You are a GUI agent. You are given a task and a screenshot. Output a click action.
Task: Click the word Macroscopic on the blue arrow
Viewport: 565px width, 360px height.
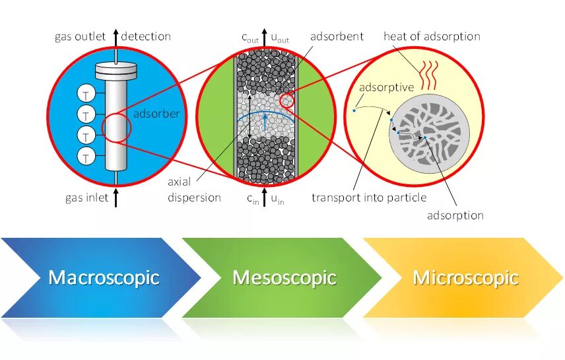(104, 277)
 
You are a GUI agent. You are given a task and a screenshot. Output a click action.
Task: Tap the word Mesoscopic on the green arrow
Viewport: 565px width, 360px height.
(284, 277)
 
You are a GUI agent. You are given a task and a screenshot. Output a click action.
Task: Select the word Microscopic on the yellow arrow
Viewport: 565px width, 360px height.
(465, 277)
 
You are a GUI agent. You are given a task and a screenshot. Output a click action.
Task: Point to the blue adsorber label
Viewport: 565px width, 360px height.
(156, 114)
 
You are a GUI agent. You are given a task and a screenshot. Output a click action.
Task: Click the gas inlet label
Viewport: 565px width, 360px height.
(86, 198)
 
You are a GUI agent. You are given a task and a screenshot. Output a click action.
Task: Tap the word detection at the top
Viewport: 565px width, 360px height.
(146, 36)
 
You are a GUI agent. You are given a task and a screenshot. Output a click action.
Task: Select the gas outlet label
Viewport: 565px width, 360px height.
(80, 36)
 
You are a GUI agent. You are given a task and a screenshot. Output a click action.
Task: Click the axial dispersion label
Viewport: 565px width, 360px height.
(194, 190)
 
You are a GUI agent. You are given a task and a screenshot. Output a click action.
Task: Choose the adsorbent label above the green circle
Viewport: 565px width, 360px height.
(337, 36)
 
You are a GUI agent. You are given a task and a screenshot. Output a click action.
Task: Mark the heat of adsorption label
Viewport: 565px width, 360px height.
(432, 36)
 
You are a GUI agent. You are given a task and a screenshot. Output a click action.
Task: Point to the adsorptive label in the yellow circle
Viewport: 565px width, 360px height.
(386, 87)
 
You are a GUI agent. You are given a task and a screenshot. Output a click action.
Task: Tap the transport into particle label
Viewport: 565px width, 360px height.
(369, 198)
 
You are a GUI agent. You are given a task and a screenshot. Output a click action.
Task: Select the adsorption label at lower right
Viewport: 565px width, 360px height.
(455, 215)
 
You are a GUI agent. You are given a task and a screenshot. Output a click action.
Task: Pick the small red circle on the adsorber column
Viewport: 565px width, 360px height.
(117, 127)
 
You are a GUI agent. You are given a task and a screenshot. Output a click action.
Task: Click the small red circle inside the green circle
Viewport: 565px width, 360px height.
(287, 101)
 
